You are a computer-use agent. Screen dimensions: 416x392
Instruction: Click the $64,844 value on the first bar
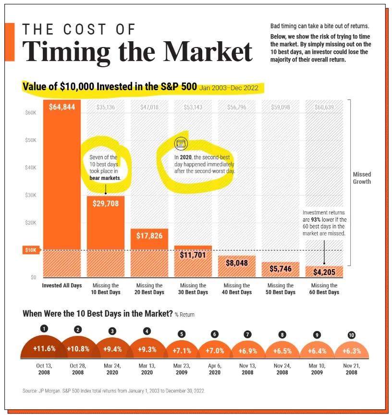(x=62, y=107)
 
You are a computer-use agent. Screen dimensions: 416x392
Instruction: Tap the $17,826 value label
(x=149, y=236)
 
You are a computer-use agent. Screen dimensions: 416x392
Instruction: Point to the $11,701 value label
(x=193, y=255)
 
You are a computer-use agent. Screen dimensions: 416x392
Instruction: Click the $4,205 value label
(x=324, y=272)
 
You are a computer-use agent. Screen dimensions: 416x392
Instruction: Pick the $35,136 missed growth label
(x=105, y=107)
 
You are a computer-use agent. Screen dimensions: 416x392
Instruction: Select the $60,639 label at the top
(x=324, y=107)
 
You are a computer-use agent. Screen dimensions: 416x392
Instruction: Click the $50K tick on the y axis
(x=30, y=140)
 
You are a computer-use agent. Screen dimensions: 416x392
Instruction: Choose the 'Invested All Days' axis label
(x=62, y=285)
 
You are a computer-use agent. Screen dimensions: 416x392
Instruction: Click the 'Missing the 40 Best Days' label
(x=237, y=289)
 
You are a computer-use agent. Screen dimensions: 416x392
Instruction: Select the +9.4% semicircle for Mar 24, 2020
(x=112, y=349)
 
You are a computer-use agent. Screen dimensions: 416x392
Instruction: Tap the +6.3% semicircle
(x=352, y=351)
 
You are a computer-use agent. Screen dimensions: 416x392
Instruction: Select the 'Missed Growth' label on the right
(x=362, y=178)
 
